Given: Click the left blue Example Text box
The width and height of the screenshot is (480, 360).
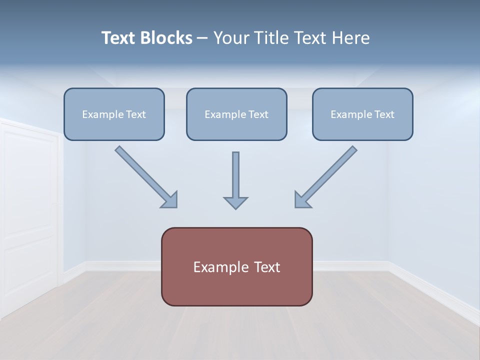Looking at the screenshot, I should pos(114,114).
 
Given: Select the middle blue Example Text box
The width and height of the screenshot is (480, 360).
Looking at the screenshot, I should pos(236,114).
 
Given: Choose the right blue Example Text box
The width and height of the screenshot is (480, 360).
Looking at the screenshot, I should pos(362,114).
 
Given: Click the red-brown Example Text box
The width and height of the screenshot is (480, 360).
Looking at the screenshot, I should pos(236,266).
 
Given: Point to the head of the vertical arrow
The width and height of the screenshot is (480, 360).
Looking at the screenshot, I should pos(235,202).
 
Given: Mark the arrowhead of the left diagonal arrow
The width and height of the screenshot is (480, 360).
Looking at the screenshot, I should pos(170,200).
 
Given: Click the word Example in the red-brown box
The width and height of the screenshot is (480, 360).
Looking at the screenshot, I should pos(218,267).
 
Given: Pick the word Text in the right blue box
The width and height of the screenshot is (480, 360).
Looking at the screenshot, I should pos(384,114).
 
